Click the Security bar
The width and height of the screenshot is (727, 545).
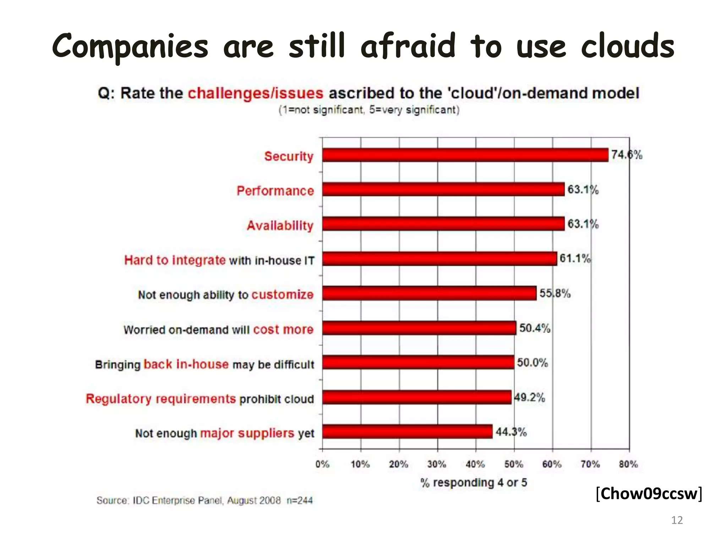click(465, 155)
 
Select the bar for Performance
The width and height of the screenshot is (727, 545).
click(443, 189)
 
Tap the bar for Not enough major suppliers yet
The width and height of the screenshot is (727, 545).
click(407, 431)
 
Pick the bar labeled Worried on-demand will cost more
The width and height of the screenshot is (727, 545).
click(419, 328)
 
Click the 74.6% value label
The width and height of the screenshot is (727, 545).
click(627, 155)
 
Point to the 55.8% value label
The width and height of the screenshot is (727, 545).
click(555, 293)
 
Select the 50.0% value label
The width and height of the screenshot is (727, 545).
click(532, 363)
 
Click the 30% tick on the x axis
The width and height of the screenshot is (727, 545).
click(437, 464)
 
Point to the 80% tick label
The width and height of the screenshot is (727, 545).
click(628, 464)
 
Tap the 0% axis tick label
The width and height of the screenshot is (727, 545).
click(322, 464)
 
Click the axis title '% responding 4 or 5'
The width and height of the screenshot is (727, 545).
click(474, 483)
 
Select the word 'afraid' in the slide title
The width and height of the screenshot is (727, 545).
click(408, 46)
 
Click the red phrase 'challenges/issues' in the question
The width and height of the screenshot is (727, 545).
click(255, 93)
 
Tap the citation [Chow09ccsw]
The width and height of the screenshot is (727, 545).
click(649, 494)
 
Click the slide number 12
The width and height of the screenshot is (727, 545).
click(677, 520)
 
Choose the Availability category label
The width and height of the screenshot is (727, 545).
click(280, 225)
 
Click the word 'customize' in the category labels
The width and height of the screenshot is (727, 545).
click(283, 294)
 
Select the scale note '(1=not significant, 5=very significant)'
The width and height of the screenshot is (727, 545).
click(369, 110)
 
